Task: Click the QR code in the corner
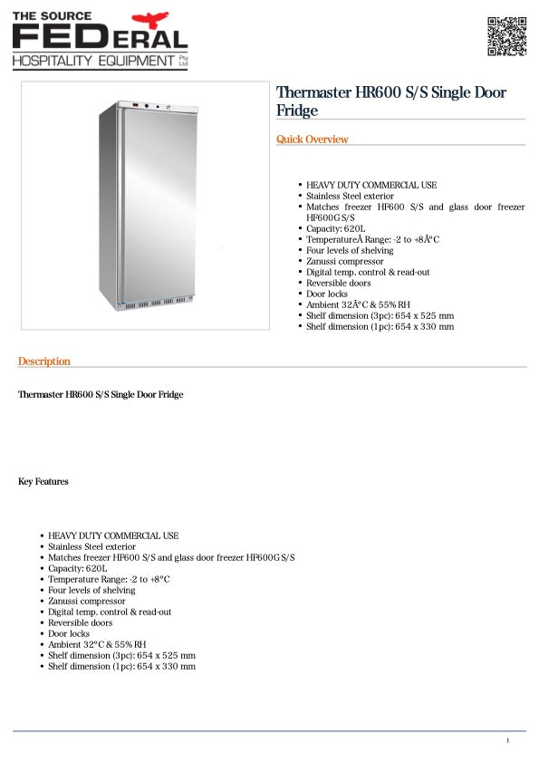coord(506,36)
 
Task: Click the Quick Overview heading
coord(312,140)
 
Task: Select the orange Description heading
coord(43,362)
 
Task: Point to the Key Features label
coord(43,482)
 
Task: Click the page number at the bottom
coord(508,741)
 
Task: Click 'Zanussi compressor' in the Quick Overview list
coord(344,262)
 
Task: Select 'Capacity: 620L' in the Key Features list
coord(78,568)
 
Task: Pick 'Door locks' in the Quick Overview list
coord(327,294)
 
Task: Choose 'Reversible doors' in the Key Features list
coord(81,622)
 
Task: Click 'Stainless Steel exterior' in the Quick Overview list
coord(350,196)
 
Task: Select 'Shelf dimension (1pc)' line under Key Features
coord(121,666)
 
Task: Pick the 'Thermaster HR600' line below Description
coord(101,395)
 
